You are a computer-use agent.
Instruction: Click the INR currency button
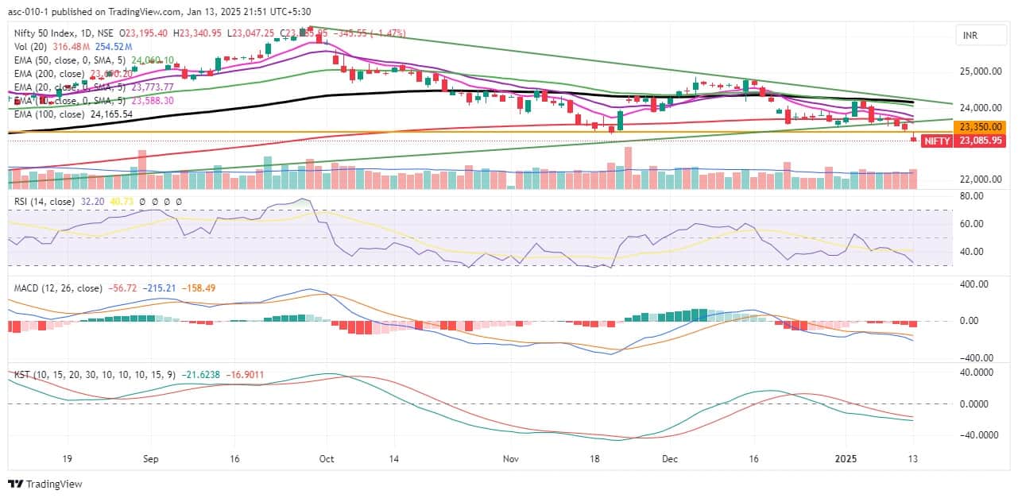970,36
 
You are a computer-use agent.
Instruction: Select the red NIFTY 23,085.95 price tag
968,141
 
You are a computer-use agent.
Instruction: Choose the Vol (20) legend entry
29,46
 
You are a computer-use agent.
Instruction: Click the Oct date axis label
324,459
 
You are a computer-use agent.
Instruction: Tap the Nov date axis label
511,459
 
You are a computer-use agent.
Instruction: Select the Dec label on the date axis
669,459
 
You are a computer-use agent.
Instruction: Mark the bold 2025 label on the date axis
846,459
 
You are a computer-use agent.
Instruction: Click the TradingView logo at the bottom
45,484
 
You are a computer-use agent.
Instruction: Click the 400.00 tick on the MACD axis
973,284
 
